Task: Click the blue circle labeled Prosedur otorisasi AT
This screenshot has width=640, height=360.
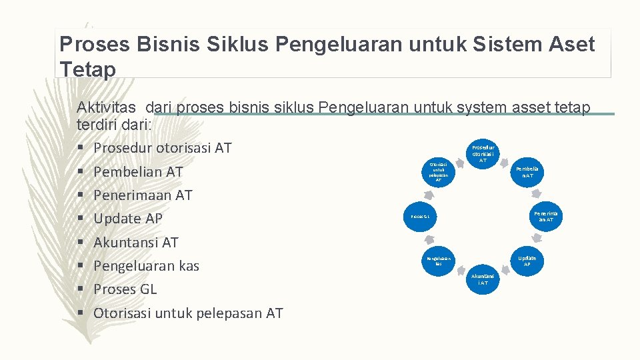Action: tap(483, 153)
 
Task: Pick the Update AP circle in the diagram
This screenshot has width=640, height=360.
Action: tap(527, 260)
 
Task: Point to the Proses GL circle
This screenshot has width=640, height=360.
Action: tap(419, 216)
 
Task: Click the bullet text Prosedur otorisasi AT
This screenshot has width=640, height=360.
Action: tap(162, 148)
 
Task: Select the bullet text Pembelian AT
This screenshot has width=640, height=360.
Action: tap(138, 172)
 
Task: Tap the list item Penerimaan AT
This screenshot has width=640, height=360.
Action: tap(143, 195)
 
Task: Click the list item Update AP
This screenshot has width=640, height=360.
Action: tap(128, 219)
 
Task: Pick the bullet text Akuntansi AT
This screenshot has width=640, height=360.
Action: tap(136, 243)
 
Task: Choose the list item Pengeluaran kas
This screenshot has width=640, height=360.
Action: tap(146, 266)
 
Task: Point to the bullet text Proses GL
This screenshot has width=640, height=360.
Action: tap(125, 289)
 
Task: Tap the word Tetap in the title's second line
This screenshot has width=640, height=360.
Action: tap(87, 69)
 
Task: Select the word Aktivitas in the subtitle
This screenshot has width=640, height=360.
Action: tap(107, 107)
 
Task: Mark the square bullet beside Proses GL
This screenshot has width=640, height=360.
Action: tap(81, 289)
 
